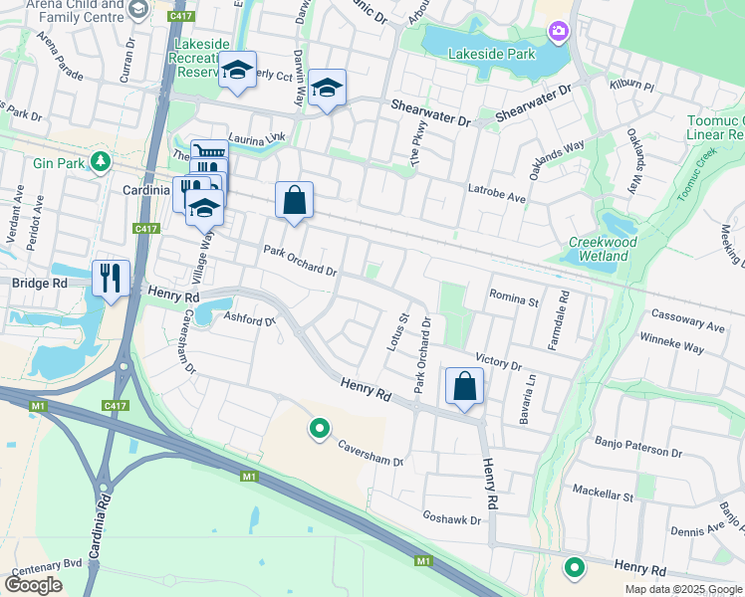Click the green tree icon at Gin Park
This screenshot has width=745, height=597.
pos(100,161)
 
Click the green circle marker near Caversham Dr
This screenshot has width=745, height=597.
pos(320,429)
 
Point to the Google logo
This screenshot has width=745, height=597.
pos(33,585)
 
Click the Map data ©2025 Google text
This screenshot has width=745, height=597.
pos(682,589)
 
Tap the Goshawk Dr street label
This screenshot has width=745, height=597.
pos(451,519)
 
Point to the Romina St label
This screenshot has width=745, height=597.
pos(513,298)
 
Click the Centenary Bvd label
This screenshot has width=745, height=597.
pos(45,570)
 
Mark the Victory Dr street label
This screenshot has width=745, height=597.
pos(498,359)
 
